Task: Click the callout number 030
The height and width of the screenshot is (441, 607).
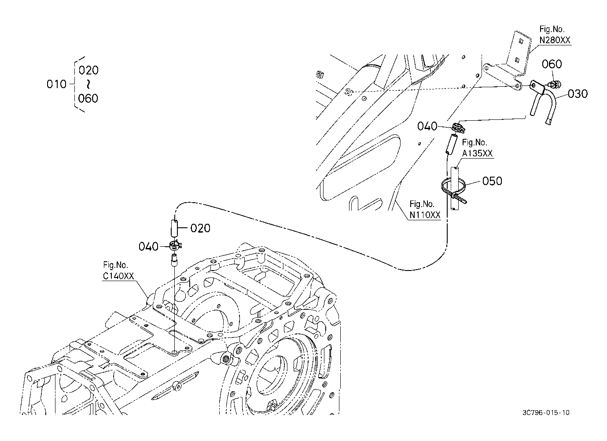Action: tap(578, 94)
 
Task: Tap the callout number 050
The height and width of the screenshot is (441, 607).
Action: tap(492, 181)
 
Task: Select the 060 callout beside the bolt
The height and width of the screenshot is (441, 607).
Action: tap(552, 64)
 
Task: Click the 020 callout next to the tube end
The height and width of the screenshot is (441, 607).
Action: tap(200, 228)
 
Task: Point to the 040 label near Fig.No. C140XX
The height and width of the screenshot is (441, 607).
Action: tap(148, 247)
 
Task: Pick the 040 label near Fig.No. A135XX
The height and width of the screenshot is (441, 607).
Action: tap(427, 126)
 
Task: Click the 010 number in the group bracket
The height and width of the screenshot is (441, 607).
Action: tap(56, 84)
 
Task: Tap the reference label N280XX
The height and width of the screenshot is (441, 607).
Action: tap(555, 40)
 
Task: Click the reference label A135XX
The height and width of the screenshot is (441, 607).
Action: tap(477, 153)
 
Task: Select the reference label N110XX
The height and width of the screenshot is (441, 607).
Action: tap(425, 215)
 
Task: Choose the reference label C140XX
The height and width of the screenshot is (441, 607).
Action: tap(118, 276)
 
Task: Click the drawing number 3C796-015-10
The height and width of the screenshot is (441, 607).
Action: tap(546, 412)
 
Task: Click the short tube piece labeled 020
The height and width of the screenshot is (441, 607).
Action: tap(174, 228)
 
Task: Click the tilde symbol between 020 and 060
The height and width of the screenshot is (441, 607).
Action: tap(88, 84)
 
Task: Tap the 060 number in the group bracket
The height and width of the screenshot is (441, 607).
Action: tap(88, 98)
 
